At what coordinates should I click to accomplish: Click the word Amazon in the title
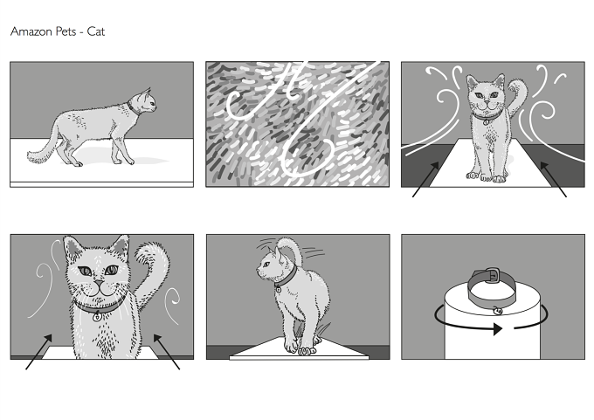click(31, 31)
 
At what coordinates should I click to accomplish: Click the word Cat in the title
click(96, 31)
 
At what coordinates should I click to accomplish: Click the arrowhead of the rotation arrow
click(498, 328)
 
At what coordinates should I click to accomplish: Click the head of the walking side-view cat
click(147, 100)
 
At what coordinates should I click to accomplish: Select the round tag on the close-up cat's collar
click(97, 317)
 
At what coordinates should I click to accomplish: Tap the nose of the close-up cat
click(99, 283)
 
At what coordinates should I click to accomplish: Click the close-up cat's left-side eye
click(85, 272)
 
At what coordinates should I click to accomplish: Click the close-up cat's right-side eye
click(112, 270)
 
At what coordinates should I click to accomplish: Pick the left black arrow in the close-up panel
click(38, 351)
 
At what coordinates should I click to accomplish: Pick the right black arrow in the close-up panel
click(167, 351)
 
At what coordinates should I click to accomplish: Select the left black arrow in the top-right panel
click(425, 179)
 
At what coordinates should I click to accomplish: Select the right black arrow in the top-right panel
click(554, 179)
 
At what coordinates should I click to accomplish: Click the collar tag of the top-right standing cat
click(486, 121)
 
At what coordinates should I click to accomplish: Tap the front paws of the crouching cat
click(300, 348)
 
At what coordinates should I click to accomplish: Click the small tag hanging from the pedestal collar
click(498, 311)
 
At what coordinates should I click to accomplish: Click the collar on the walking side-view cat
click(133, 108)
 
